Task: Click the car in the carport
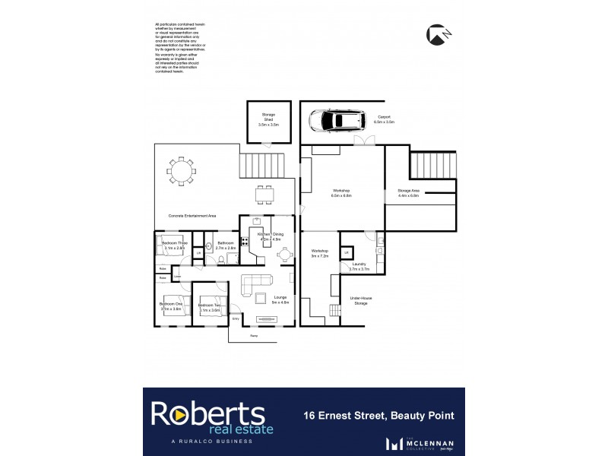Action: [336, 120]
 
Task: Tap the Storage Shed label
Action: [268, 119]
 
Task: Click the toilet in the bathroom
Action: [220, 259]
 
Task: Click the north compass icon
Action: [436, 34]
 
